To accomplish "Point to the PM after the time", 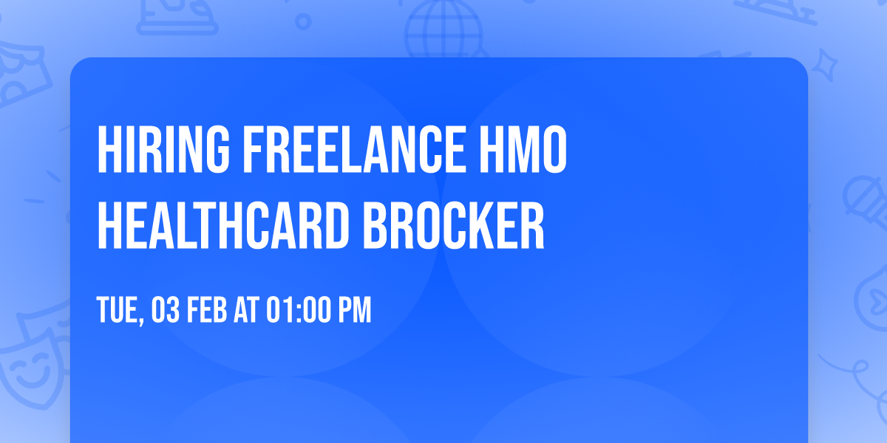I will point(353,311).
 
